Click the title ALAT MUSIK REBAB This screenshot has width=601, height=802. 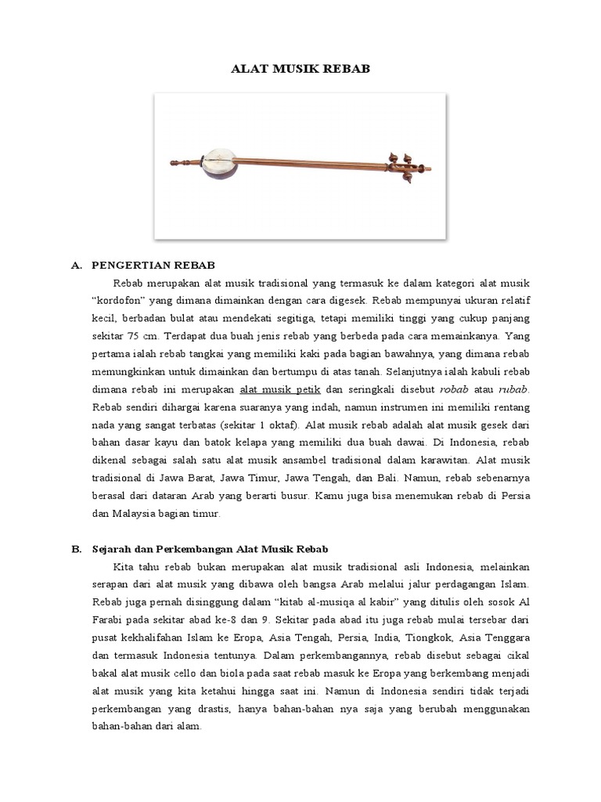300,69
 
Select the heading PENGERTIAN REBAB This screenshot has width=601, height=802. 153,266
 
